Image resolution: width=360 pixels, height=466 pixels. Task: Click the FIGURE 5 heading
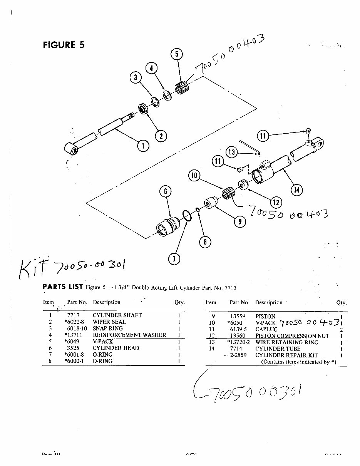coord(64,45)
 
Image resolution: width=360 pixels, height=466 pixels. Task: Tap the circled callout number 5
coord(176,54)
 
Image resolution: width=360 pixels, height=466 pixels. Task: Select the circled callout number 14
coord(296,189)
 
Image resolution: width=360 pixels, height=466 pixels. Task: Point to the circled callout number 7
coord(174,259)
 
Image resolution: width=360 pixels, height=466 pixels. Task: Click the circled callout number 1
coord(143,146)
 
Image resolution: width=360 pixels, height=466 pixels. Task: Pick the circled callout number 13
coord(231,152)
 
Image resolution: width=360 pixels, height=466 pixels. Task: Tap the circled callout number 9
coord(239,221)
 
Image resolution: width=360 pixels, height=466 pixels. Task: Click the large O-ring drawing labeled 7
coord(187,216)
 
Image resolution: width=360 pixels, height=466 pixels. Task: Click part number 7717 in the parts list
coord(73,315)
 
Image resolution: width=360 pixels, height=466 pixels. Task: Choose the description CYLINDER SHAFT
coord(117,315)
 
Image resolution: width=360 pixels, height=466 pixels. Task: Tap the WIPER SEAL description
coord(109,322)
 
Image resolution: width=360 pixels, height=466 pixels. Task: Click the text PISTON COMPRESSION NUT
coord(292,336)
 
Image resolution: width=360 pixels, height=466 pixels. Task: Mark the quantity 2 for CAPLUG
coord(341,330)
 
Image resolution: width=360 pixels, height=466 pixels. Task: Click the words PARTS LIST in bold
coord(62,287)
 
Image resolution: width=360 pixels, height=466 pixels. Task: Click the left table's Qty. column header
coord(179,303)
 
